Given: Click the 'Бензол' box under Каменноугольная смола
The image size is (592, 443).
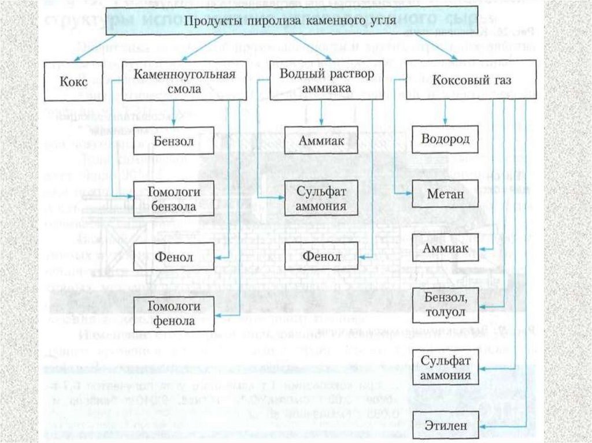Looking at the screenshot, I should [x=174, y=141].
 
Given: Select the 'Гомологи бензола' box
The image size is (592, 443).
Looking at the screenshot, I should [x=174, y=198].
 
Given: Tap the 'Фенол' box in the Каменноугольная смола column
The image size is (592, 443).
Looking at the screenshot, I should [x=174, y=257].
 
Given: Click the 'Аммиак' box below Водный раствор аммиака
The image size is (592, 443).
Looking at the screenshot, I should [x=321, y=141].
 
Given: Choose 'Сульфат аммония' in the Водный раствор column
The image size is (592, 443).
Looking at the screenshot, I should [x=321, y=198].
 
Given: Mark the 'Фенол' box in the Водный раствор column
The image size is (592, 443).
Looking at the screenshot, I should [x=321, y=257].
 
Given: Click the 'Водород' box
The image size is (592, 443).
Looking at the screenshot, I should [x=445, y=140].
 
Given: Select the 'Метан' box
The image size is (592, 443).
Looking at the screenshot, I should [x=445, y=194].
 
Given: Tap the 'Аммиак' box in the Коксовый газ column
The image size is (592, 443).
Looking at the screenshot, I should [x=445, y=248].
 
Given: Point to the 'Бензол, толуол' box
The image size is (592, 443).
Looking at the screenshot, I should [x=445, y=304].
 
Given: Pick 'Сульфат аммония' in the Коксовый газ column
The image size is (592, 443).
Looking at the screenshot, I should [x=445, y=368].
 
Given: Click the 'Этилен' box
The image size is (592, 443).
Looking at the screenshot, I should [x=445, y=425].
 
